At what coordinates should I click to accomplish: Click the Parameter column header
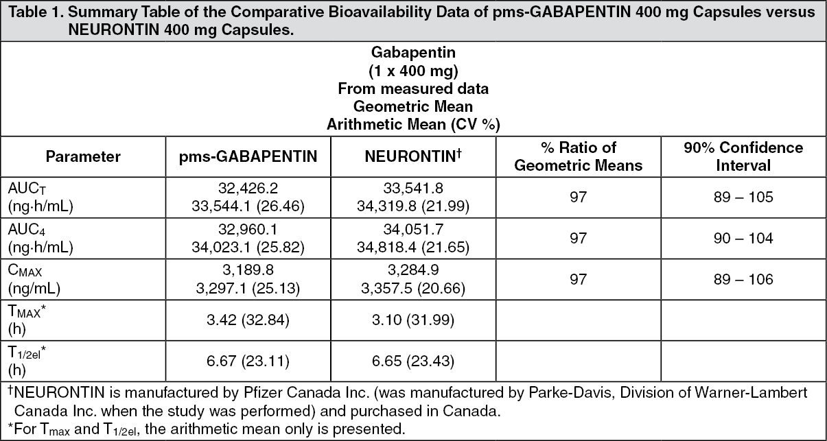pyautogui.click(x=83, y=156)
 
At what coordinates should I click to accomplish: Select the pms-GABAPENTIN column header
pyautogui.click(x=248, y=157)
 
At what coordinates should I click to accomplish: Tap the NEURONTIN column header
pyautogui.click(x=413, y=156)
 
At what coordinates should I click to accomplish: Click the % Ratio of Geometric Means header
pyautogui.click(x=578, y=156)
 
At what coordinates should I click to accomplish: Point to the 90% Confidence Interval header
pyautogui.click(x=743, y=156)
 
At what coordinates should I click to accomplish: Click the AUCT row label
pyautogui.click(x=40, y=198)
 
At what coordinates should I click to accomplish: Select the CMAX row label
pyautogui.click(x=34, y=279)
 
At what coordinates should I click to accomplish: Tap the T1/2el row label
pyautogui.click(x=27, y=361)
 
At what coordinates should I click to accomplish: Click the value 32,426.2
pyautogui.click(x=248, y=188)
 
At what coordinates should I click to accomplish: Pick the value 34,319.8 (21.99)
pyautogui.click(x=413, y=206)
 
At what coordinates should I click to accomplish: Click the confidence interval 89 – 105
pyautogui.click(x=743, y=197)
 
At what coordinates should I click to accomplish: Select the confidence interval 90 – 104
pyautogui.click(x=743, y=238)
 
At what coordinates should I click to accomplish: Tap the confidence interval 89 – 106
pyautogui.click(x=743, y=279)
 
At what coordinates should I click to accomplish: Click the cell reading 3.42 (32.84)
pyautogui.click(x=248, y=320)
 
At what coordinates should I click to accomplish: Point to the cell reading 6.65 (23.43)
pyautogui.click(x=413, y=361)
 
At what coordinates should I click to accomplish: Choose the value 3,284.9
pyautogui.click(x=413, y=270)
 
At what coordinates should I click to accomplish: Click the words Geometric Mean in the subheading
pyautogui.click(x=413, y=107)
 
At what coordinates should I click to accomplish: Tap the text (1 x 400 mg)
pyautogui.click(x=413, y=71)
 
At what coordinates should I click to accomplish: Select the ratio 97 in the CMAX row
pyautogui.click(x=578, y=279)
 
